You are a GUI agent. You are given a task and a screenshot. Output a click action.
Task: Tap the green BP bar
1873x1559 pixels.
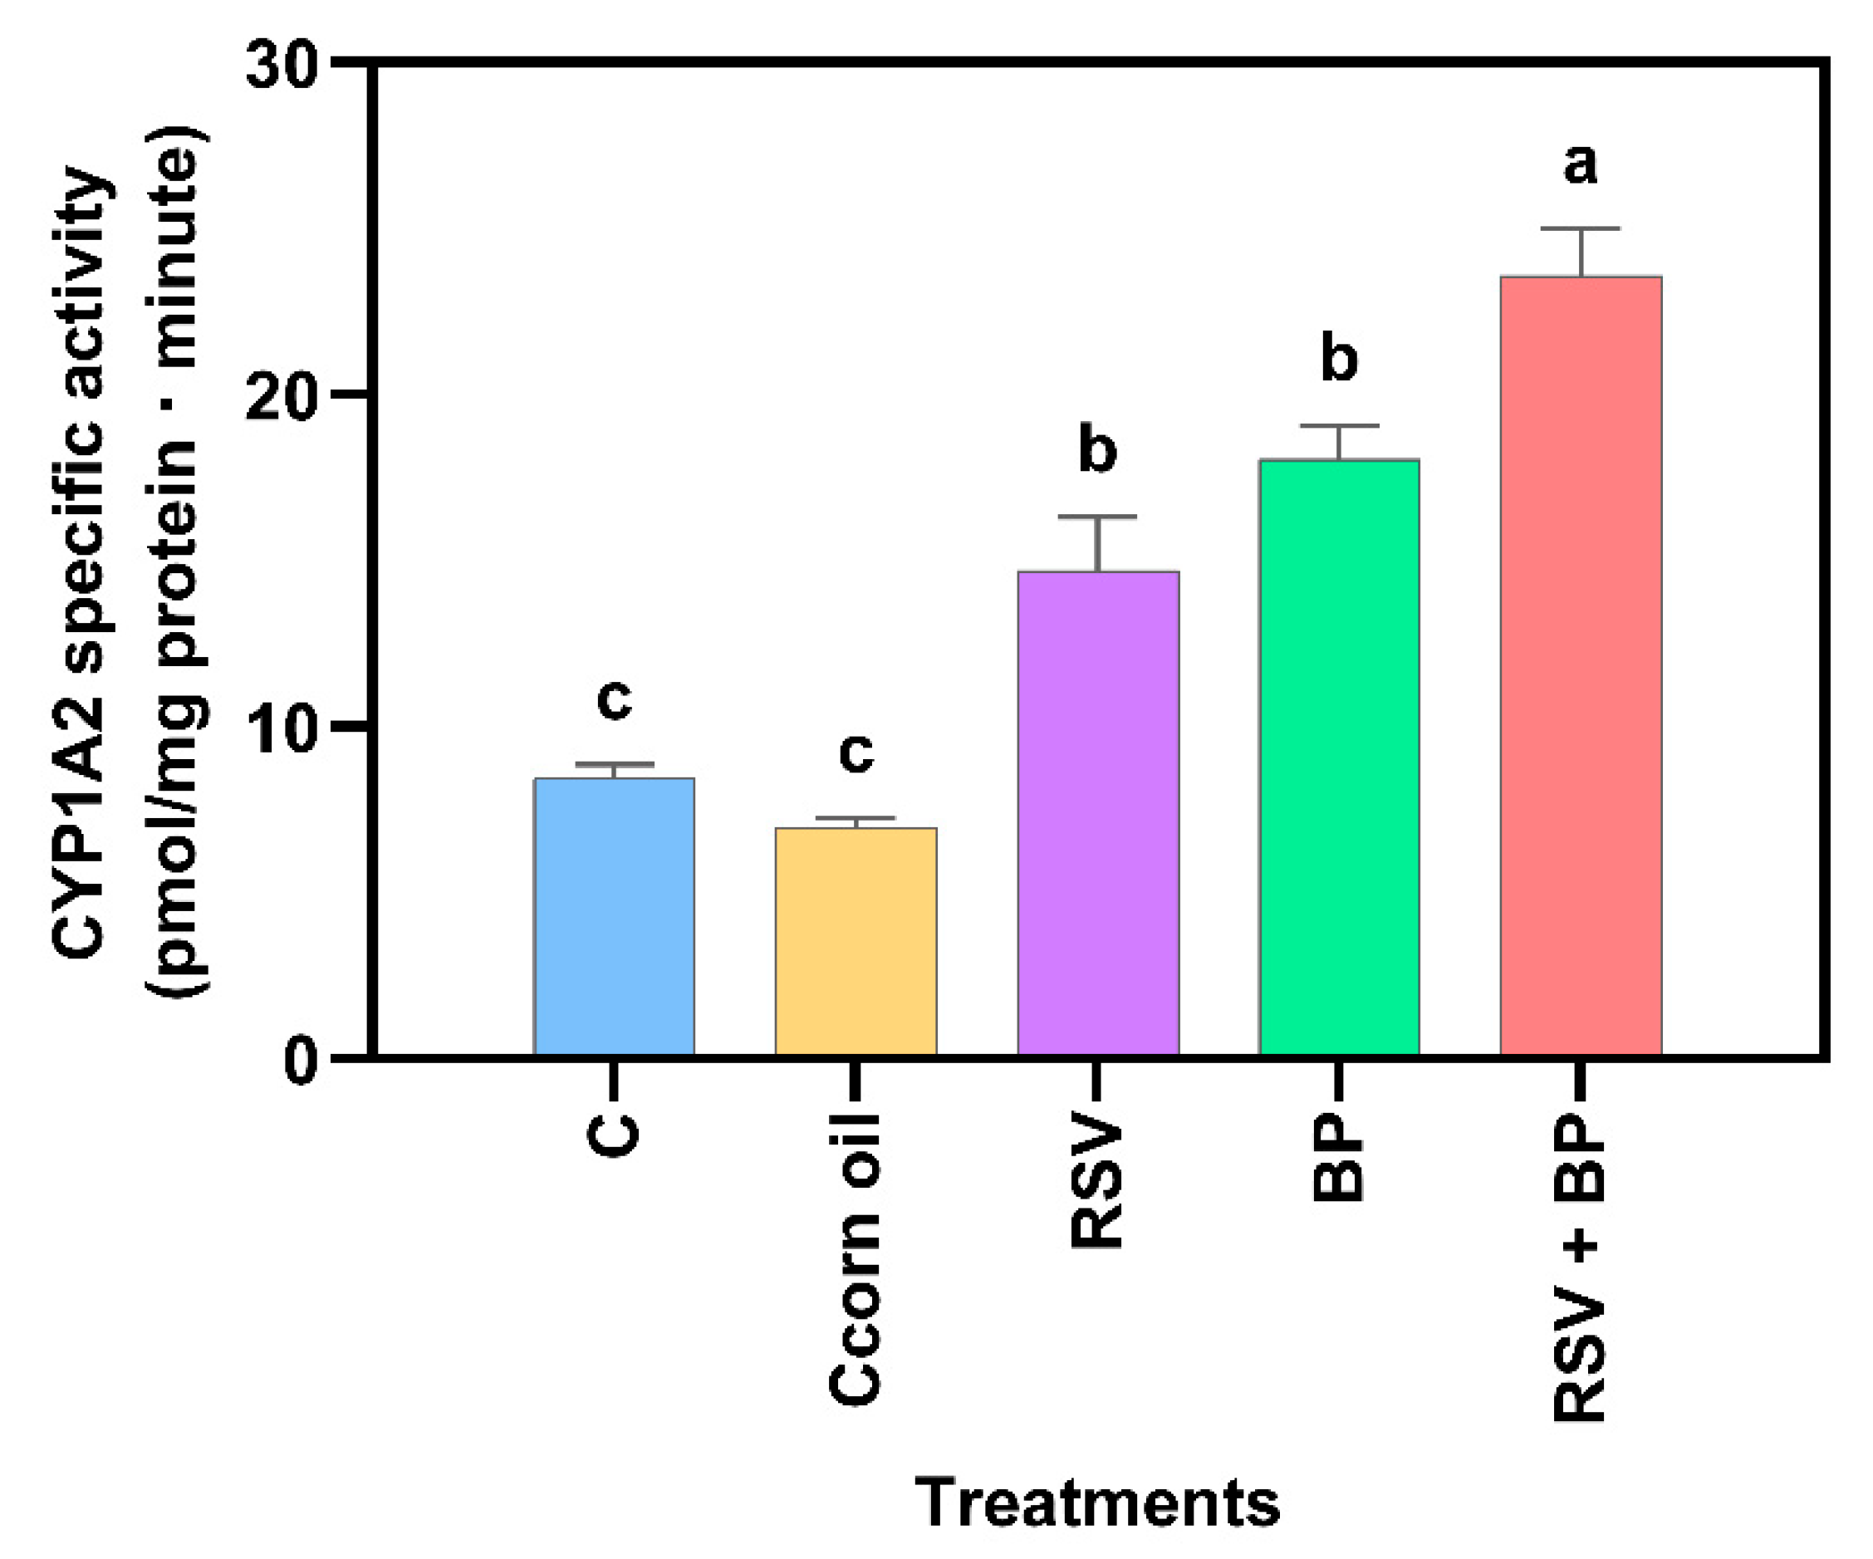[x=1339, y=757]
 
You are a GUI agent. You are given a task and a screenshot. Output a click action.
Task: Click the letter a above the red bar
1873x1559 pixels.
[x=1581, y=165]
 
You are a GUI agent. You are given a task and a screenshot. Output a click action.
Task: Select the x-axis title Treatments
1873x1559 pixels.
[x=1097, y=1503]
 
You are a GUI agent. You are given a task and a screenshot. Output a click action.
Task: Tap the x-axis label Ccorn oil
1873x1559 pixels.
[x=856, y=1258]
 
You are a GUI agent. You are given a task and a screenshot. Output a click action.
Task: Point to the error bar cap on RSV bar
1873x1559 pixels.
[x=1098, y=517]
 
